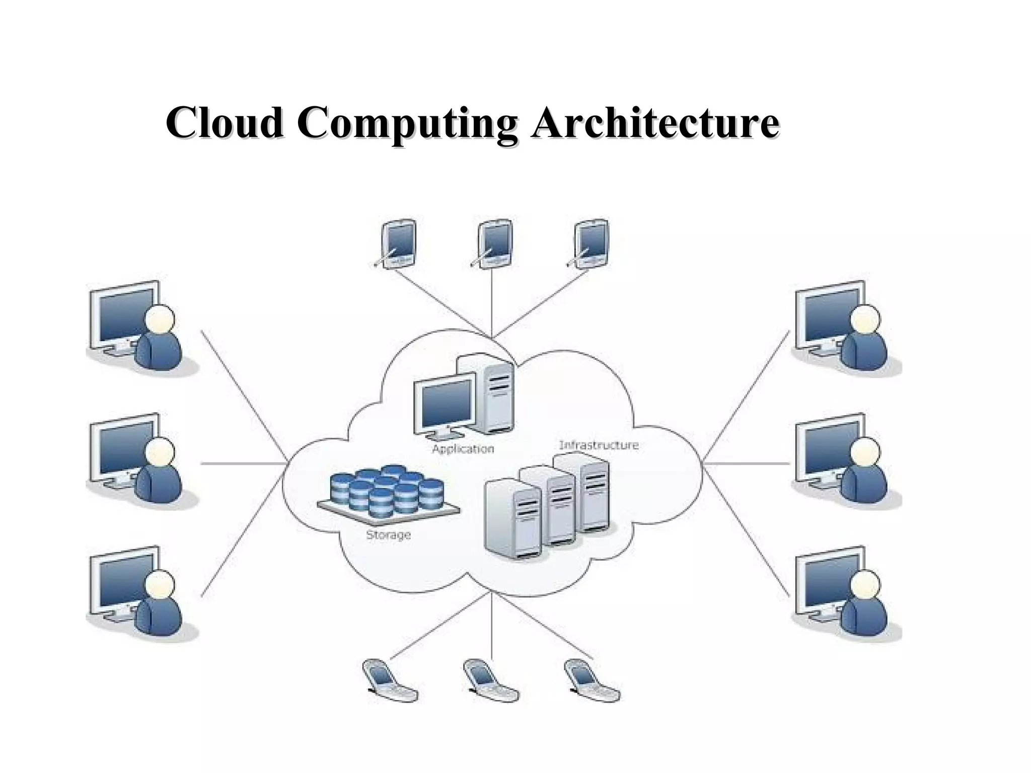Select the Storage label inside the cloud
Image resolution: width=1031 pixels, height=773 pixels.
pyautogui.click(x=388, y=535)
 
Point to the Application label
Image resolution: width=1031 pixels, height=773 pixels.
pyautogui.click(x=463, y=449)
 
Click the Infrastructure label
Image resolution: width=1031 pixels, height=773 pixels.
pyautogui.click(x=599, y=445)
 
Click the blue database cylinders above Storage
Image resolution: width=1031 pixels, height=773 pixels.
pyautogui.click(x=388, y=491)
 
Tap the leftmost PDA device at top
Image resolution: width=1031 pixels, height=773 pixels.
pyautogui.click(x=398, y=243)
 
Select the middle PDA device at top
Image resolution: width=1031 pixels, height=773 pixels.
pyautogui.click(x=494, y=243)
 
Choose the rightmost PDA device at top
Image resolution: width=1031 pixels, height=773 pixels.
pyautogui.click(x=591, y=243)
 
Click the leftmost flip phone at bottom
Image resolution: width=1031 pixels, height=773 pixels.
pyautogui.click(x=390, y=680)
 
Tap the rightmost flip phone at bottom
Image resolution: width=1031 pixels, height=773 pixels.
pyautogui.click(x=592, y=680)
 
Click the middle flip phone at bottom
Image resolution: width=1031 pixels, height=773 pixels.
pyautogui.click(x=490, y=680)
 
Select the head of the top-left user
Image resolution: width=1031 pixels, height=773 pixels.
pyautogui.click(x=160, y=320)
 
